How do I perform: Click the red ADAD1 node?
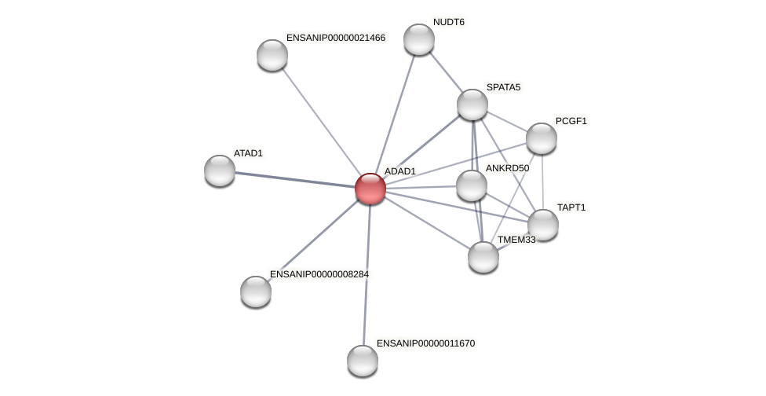[370, 189]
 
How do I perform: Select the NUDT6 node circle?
[419, 39]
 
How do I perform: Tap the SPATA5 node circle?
[472, 104]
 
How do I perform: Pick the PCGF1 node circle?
[542, 138]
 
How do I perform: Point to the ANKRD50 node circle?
[472, 185]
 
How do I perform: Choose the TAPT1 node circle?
[543, 225]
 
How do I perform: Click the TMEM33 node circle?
[483, 257]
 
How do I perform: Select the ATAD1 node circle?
[220, 170]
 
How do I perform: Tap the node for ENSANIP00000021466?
[272, 55]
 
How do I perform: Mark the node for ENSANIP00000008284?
[256, 291]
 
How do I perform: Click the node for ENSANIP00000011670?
[363, 361]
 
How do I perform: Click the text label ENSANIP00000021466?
[336, 38]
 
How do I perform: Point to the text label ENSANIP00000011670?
[425, 343]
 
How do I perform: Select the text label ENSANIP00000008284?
[319, 274]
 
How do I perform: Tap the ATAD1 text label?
[248, 153]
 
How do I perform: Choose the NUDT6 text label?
[449, 22]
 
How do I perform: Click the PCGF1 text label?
[571, 121]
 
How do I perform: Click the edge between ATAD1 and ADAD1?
[294, 179]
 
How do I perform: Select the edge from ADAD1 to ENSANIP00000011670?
[367, 275]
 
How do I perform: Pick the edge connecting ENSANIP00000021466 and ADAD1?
[321, 122]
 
